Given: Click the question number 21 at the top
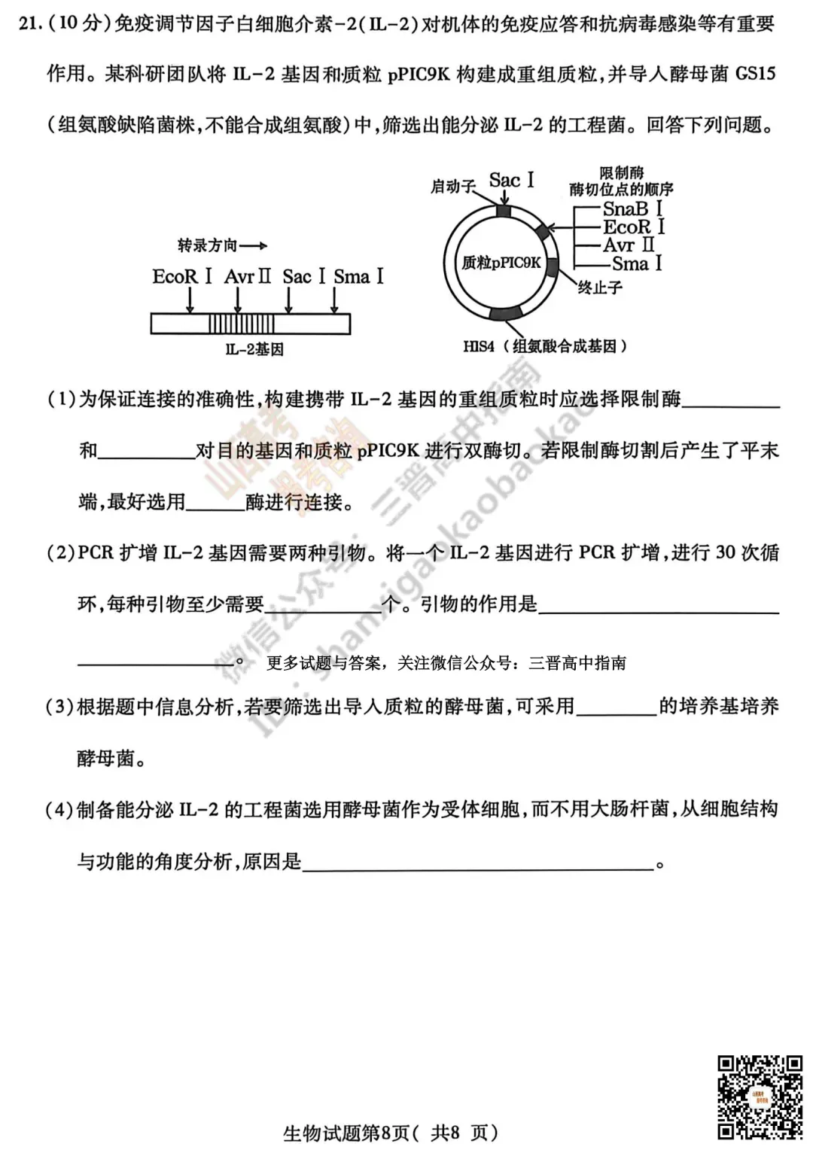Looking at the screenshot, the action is [27, 24].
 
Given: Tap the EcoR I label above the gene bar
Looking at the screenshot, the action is [182, 276].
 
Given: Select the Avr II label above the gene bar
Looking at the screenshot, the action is [247, 276].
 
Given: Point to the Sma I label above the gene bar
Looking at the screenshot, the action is [358, 276].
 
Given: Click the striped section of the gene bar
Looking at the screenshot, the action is [241, 324].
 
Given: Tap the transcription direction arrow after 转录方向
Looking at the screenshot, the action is [254, 245].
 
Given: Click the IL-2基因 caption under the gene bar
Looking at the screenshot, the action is [254, 349].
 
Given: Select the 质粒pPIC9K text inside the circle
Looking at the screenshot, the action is [501, 263].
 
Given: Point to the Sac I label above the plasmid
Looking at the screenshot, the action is [511, 181].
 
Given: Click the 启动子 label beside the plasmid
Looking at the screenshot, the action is [452, 186].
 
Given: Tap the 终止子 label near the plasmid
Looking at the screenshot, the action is [600, 287].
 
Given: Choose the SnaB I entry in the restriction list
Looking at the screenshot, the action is [633, 208].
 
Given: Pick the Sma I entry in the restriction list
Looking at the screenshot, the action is [637, 263].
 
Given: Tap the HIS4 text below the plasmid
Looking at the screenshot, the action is [479, 346].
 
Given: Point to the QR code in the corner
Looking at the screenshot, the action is [759, 1097].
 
